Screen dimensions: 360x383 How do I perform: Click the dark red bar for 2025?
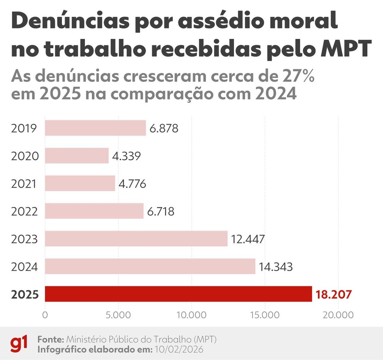click(x=178, y=294)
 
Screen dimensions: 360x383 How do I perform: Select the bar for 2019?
click(x=95, y=128)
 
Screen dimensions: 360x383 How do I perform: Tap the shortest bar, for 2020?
click(x=77, y=156)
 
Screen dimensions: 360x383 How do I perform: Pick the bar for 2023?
click(x=136, y=239)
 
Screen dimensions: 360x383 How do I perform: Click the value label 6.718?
click(x=161, y=211)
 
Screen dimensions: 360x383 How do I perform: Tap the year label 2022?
click(x=25, y=211)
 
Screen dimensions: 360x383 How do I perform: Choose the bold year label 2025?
click(x=25, y=295)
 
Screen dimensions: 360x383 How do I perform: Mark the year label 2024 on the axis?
click(x=25, y=267)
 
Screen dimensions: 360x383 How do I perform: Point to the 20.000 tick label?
click(x=337, y=314)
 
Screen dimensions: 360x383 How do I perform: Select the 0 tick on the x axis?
click(x=45, y=314)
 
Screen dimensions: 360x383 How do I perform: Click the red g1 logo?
click(x=19, y=344)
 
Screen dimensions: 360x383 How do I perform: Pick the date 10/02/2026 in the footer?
click(x=178, y=349)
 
